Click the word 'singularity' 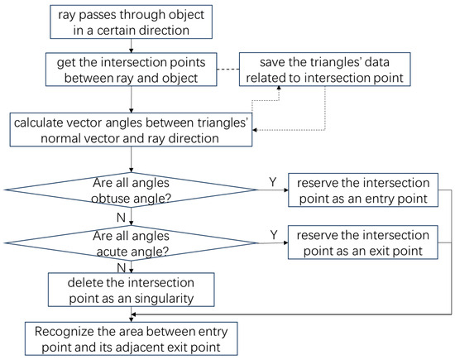(169, 295)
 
